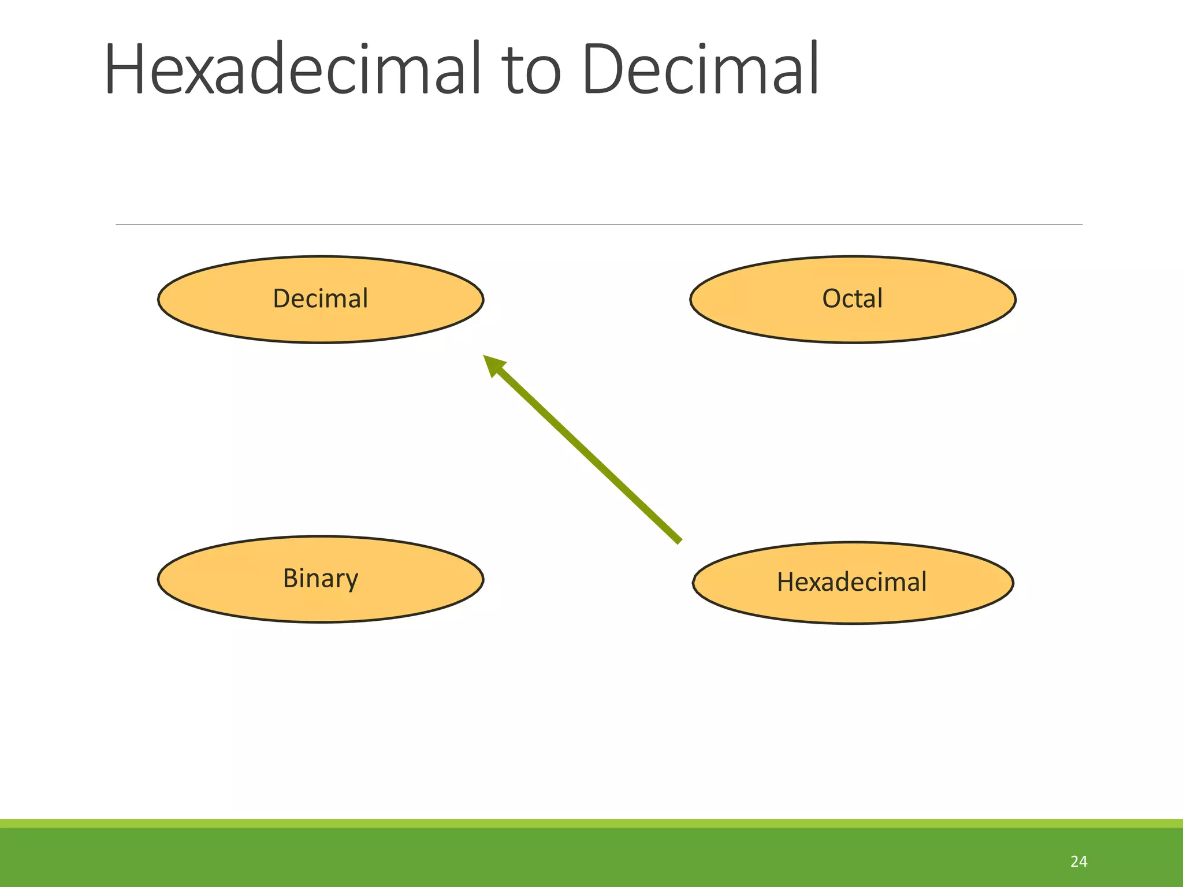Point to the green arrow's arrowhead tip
pyautogui.click(x=485, y=356)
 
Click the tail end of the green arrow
pyautogui.click(x=679, y=541)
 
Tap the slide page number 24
pyautogui.click(x=1078, y=862)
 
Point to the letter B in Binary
pyautogui.click(x=290, y=578)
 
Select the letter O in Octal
pyautogui.click(x=832, y=299)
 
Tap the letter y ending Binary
pyautogui.click(x=351, y=581)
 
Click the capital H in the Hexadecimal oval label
pyautogui.click(x=786, y=582)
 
